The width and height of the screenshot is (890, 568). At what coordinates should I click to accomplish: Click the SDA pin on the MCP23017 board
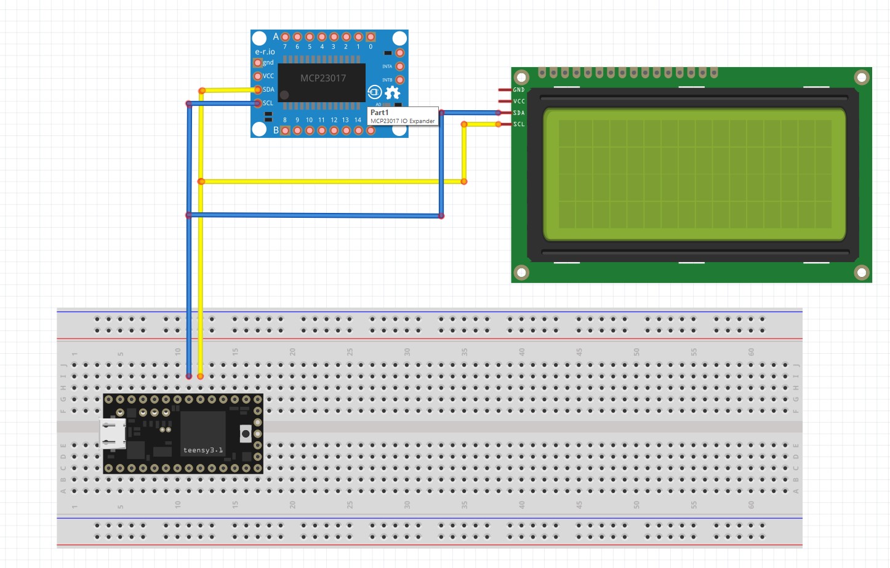258,90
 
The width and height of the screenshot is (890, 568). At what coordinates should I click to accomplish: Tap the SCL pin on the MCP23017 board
258,103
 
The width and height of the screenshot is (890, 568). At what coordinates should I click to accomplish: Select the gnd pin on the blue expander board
258,63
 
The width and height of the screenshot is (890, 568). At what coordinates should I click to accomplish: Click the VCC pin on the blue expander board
258,76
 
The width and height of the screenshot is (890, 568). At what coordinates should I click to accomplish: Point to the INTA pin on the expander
399,66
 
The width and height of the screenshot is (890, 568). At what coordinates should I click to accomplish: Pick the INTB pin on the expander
399,80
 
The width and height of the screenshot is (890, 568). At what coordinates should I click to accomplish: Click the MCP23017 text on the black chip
323,78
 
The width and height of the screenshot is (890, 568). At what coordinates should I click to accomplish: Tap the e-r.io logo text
265,52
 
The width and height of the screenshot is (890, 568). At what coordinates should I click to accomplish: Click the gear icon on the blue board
393,93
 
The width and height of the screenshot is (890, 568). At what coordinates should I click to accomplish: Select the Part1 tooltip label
379,113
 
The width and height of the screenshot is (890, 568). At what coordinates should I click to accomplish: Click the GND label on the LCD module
519,90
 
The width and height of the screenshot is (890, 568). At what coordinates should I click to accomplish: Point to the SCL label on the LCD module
519,124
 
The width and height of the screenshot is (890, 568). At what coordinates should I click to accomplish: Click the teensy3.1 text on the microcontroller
203,450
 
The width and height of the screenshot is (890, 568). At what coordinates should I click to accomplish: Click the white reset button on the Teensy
246,434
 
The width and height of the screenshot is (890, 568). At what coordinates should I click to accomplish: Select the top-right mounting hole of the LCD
861,78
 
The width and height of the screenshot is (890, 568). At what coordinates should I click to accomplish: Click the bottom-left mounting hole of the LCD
521,272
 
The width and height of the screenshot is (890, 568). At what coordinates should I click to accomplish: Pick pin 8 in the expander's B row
285,130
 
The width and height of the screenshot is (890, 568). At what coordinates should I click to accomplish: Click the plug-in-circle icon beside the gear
375,92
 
